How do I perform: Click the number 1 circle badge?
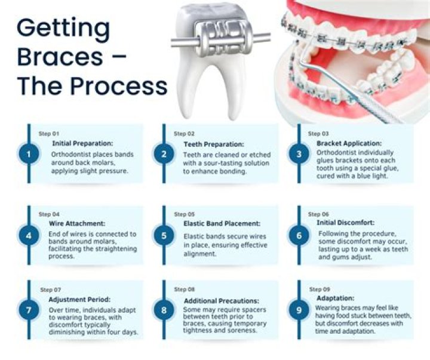coord(27,155)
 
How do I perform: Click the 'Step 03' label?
coord(318,134)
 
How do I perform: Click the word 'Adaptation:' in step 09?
coord(336,297)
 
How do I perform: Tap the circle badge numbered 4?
coord(27,236)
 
